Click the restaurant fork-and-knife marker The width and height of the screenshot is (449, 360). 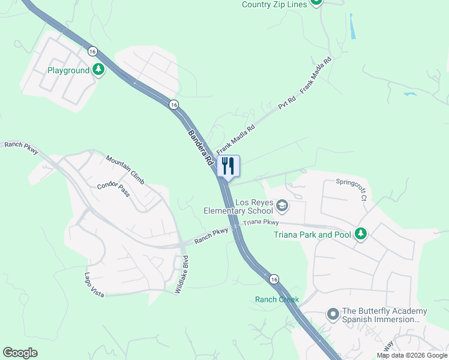click(228, 166)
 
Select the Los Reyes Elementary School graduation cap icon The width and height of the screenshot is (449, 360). click(282, 207)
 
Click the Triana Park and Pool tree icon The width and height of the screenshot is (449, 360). click(361, 234)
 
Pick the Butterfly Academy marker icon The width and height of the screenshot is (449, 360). click(333, 314)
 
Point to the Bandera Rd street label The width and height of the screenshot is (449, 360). click(201, 148)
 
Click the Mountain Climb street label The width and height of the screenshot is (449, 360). click(125, 170)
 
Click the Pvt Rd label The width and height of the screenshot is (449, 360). click(288, 103)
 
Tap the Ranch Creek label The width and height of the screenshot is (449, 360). click(276, 299)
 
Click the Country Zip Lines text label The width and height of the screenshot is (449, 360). click(274, 4)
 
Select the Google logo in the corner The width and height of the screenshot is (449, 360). click(20, 353)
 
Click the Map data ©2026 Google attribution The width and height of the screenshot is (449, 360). click(411, 355)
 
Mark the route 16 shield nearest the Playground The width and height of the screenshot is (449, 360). click(92, 52)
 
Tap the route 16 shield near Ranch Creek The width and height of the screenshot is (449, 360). click(274, 279)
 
